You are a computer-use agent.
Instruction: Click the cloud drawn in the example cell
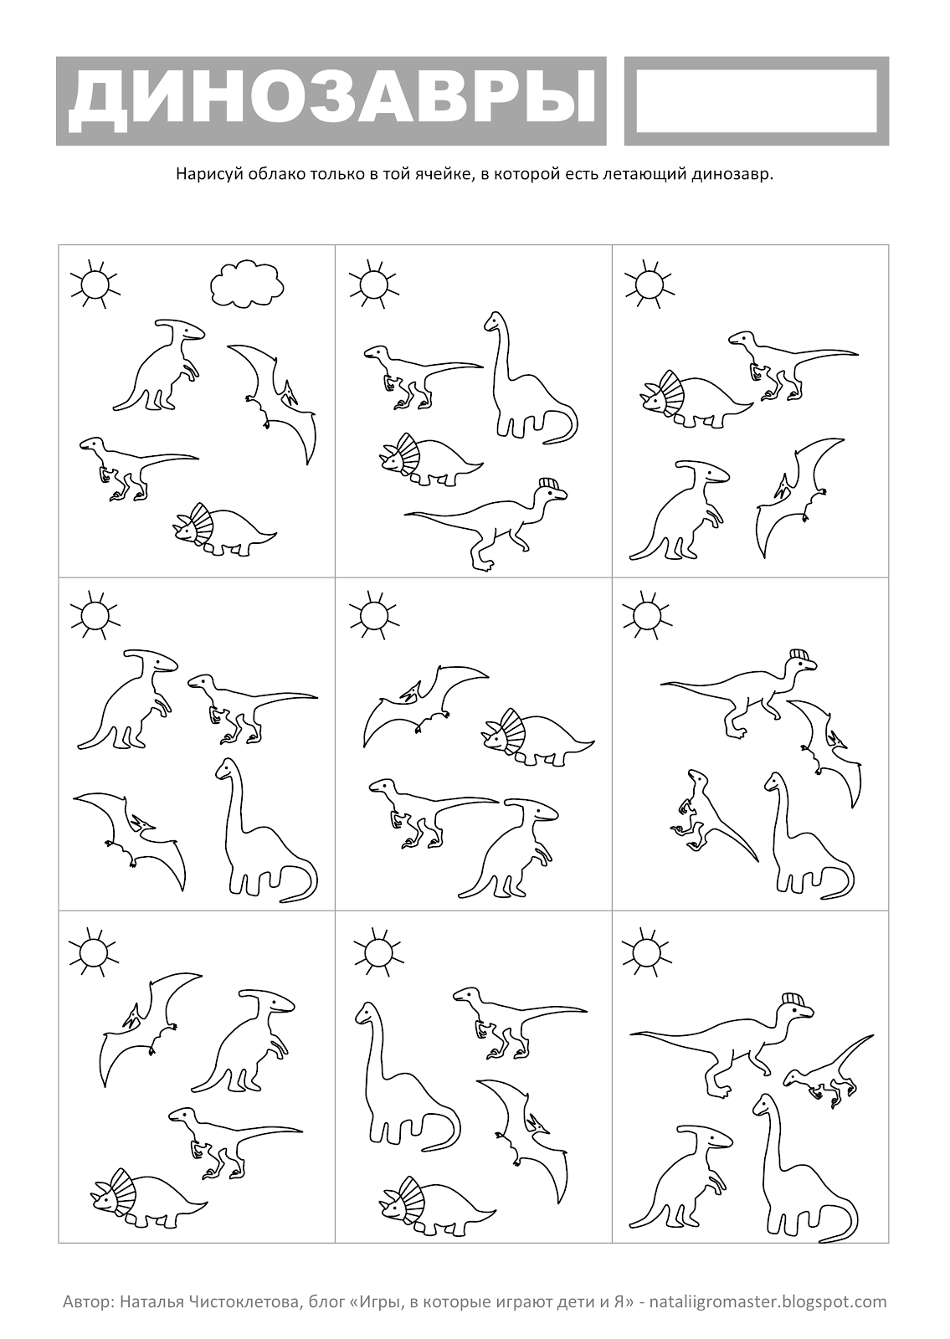click(x=247, y=285)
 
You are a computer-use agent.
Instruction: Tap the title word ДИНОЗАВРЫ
click(x=332, y=101)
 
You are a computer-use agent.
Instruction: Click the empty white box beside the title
click(x=757, y=101)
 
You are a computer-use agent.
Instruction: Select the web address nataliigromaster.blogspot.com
click(x=768, y=1301)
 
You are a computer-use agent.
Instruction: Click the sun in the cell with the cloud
click(x=95, y=285)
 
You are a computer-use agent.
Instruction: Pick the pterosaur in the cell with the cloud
click(x=272, y=403)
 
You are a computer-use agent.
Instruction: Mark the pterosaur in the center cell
click(x=426, y=704)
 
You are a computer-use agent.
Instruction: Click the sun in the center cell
click(x=375, y=616)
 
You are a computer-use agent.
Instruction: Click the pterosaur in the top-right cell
click(x=800, y=497)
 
